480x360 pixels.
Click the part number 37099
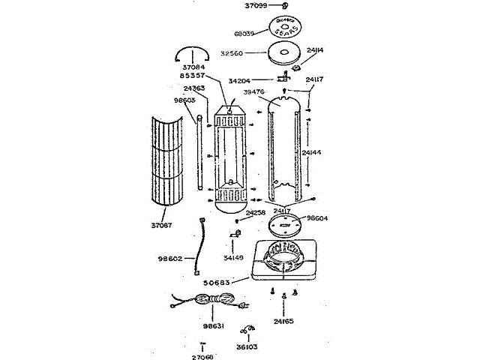coord(256,5)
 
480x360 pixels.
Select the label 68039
coord(244,33)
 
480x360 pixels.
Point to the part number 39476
coord(254,92)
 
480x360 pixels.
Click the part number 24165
coord(283,322)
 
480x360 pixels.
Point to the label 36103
coord(247,347)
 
